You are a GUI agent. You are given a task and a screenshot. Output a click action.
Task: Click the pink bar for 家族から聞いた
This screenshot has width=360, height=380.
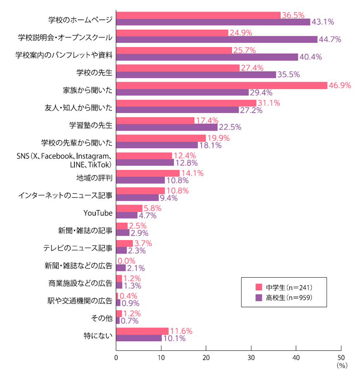click(x=222, y=85)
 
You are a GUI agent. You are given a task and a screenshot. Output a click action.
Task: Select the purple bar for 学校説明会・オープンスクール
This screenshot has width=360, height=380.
click(x=217, y=39)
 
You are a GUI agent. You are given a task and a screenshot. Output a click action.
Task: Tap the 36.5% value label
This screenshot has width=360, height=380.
click(x=293, y=15)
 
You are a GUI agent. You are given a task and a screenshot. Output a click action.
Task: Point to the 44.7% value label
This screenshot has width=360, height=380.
click(x=330, y=40)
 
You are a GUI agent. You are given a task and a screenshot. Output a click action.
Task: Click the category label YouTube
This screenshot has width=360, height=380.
click(x=98, y=212)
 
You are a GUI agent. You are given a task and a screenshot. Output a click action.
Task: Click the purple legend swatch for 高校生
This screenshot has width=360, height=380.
click(x=259, y=297)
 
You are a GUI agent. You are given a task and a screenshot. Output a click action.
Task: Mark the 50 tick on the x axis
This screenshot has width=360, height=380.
click(x=341, y=357)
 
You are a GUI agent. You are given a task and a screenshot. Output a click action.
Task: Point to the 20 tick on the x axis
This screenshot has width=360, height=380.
click(x=206, y=357)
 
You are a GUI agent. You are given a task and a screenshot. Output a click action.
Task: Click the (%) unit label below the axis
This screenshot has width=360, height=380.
click(x=342, y=366)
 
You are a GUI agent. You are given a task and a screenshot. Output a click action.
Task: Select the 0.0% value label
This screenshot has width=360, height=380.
click(x=127, y=261)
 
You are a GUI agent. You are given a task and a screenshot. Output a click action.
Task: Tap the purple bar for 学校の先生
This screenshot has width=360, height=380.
click(x=196, y=75)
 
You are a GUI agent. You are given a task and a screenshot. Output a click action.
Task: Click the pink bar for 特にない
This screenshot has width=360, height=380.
click(x=142, y=331)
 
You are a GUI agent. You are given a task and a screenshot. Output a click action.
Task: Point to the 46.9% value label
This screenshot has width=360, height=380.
click(x=339, y=85)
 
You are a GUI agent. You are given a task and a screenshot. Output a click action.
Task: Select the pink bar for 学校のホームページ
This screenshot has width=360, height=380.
click(x=198, y=15)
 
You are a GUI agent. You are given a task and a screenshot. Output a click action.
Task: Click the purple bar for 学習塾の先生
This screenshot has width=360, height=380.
click(x=167, y=127)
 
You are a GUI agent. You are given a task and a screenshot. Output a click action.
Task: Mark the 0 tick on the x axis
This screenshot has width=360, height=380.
click(x=116, y=357)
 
